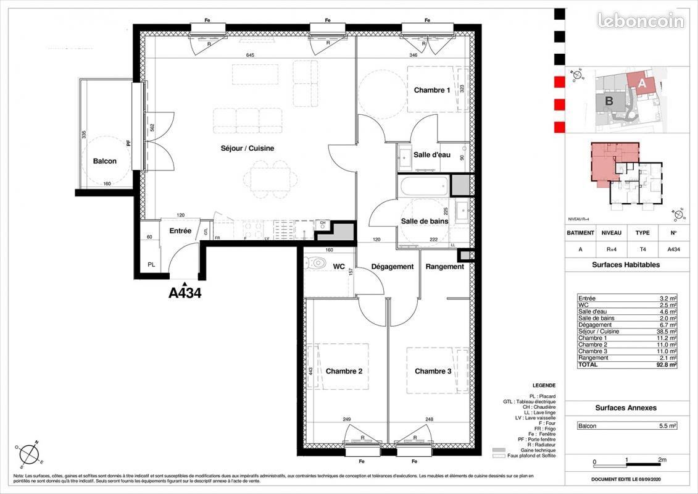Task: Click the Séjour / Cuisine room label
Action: click(x=247, y=148)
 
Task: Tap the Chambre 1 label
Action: click(x=431, y=90)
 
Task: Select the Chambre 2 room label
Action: click(x=344, y=371)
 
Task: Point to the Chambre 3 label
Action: click(x=433, y=371)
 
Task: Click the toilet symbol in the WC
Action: click(x=317, y=262)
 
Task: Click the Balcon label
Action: click(x=104, y=161)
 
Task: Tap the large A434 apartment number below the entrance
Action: click(x=185, y=293)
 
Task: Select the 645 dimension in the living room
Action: click(x=251, y=56)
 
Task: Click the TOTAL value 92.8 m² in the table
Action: click(x=667, y=365)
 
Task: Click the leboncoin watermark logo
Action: click(x=641, y=21)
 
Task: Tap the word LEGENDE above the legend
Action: click(x=542, y=385)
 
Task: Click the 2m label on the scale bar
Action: click(x=662, y=460)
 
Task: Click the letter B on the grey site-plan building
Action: click(x=608, y=101)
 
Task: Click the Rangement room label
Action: click(x=444, y=267)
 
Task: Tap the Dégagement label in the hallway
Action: click(x=392, y=267)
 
